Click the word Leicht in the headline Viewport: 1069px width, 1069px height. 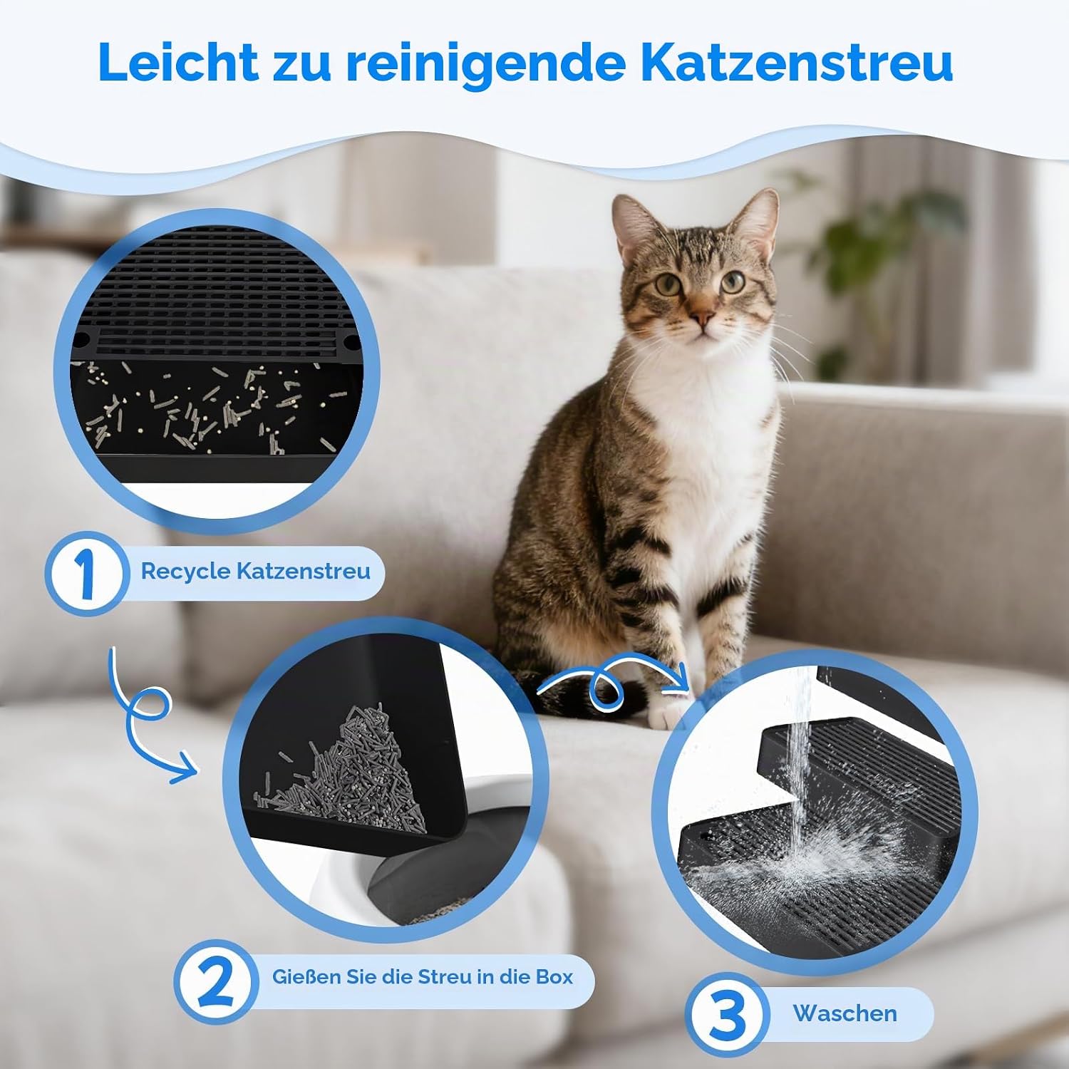179,62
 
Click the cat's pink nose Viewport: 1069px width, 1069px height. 702,316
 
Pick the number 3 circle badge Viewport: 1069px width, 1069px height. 728,1015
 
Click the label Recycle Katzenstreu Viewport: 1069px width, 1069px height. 255,572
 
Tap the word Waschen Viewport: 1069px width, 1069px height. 845,1013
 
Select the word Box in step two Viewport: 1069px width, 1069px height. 554,976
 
